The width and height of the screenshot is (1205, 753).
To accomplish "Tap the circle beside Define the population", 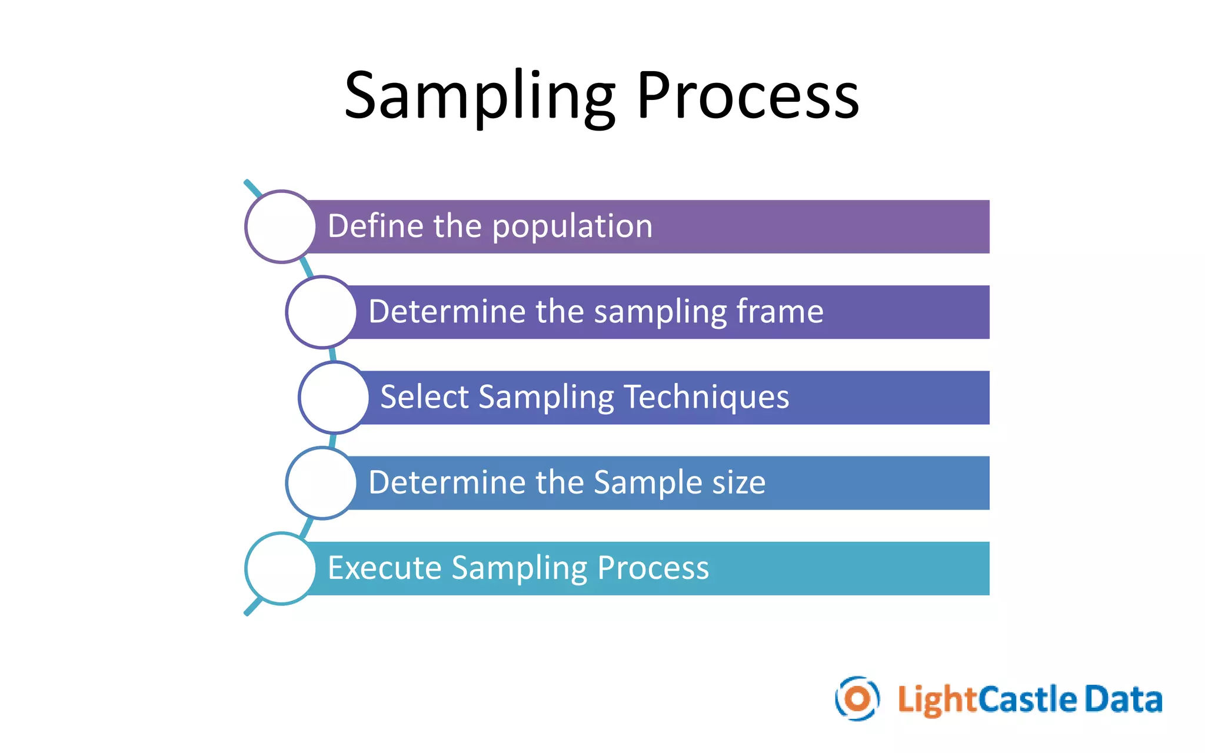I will click(x=281, y=226).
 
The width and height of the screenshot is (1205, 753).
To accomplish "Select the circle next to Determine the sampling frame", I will click(x=321, y=312).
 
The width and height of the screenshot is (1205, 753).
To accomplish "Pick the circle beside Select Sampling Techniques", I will click(x=334, y=398).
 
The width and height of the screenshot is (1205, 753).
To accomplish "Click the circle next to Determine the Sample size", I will click(x=321, y=483).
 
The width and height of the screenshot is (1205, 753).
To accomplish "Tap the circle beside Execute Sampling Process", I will click(x=281, y=568).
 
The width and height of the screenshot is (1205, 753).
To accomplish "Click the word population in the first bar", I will click(x=572, y=226).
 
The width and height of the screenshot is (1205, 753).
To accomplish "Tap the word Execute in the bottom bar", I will click(x=384, y=568).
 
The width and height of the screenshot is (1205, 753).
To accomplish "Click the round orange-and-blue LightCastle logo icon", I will click(x=857, y=699).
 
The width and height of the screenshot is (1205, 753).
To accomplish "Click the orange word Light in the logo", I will click(x=937, y=700).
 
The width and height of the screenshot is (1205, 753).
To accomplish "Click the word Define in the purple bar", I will click(x=375, y=226).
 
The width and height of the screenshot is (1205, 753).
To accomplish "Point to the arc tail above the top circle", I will click(x=252, y=188).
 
